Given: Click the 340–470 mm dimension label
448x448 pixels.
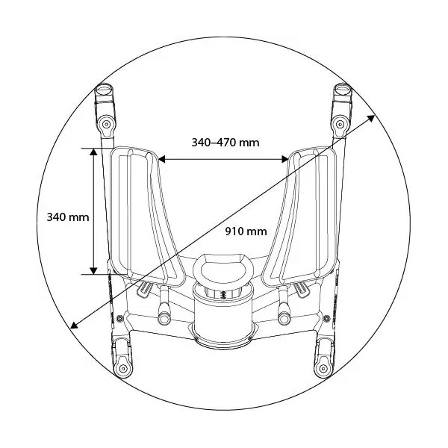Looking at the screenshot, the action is click(x=225, y=143).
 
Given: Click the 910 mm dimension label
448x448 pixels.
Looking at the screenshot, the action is click(x=246, y=231).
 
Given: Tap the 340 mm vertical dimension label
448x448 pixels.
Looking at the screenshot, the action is click(x=68, y=217).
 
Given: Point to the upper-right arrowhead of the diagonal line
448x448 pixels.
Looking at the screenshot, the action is click(x=371, y=118).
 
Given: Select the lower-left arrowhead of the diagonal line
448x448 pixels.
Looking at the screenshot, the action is click(x=74, y=325).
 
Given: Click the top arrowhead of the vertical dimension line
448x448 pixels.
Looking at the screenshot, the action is click(x=93, y=152).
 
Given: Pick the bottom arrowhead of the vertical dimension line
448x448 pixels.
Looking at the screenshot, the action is click(x=93, y=271).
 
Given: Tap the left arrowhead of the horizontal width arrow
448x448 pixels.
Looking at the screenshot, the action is click(x=162, y=159).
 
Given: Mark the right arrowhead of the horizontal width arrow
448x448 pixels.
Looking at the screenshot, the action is click(x=285, y=159).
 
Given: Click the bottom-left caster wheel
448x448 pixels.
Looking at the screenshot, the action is click(x=123, y=359).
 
